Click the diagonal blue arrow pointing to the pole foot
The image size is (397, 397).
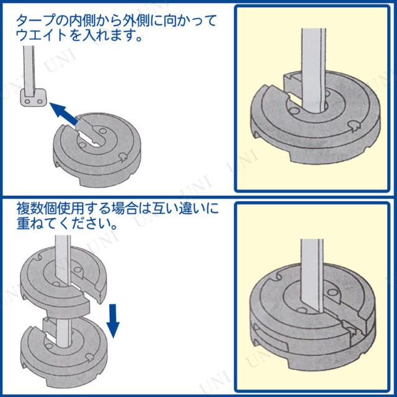(x=64, y=114)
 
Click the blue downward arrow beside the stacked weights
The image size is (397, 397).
(x=113, y=321)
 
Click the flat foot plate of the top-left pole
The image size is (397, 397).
(x=33, y=98)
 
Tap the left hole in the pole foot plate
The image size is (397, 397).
(x=27, y=102)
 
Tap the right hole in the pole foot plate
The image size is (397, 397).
(x=39, y=102)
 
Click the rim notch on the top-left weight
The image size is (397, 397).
(x=123, y=158)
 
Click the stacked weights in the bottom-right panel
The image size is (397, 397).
(x=313, y=321)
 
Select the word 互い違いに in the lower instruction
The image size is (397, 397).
(x=185, y=209)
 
